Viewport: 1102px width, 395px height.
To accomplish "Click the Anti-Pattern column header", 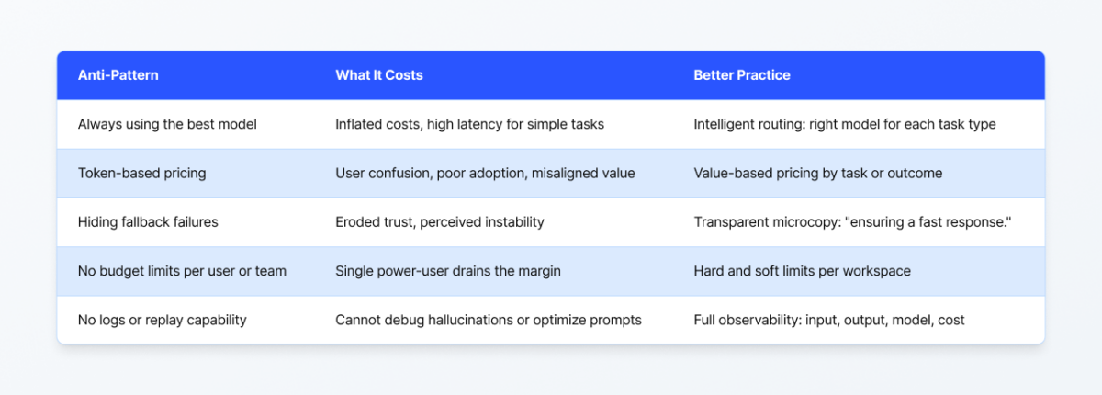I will [118, 75].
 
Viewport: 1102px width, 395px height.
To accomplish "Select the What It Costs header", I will [379, 75].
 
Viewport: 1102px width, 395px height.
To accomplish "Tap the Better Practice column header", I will [742, 75].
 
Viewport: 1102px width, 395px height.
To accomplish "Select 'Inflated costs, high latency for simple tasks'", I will [470, 124].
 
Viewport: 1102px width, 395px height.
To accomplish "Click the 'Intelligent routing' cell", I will [845, 124].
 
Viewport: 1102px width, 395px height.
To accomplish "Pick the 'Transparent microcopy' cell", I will [851, 222].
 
